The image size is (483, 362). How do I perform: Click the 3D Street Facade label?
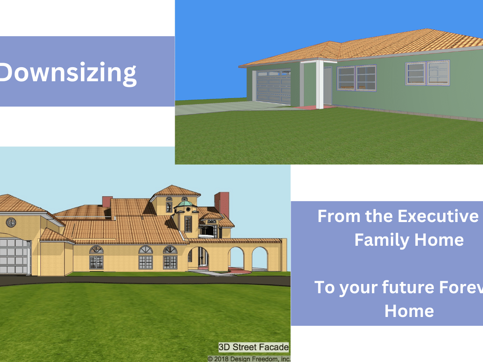tap(254, 347)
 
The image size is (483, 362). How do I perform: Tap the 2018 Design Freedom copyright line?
tap(249, 358)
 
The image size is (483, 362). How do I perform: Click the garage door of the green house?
tap(274, 86)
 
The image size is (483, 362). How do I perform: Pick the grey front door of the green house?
tap(328, 85)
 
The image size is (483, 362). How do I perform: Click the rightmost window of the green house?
tap(438, 72)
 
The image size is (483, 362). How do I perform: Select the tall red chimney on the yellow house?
tap(221, 204)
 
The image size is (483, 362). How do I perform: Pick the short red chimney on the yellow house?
tap(107, 201)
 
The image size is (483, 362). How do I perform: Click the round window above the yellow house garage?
tap(10, 222)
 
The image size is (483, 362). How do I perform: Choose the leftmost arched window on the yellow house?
tap(96, 257)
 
